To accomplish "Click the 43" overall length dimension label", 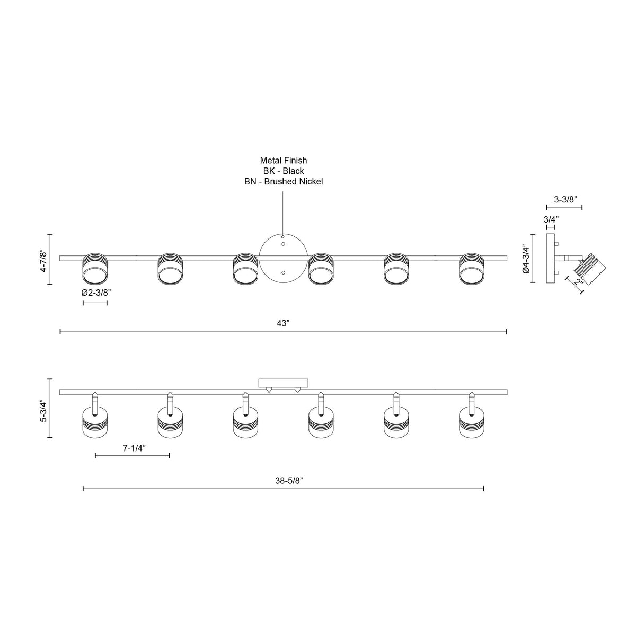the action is pos(283,323).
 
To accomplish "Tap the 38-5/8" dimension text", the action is pos(289,481).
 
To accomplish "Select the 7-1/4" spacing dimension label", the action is pos(134,448).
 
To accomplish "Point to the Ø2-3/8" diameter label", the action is pos(96,293).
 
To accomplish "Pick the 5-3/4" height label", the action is pos(43,411).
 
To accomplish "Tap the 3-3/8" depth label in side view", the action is pos(565,199).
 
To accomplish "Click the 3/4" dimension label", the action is pos(551,219).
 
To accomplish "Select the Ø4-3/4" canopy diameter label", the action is pos(526,259).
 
